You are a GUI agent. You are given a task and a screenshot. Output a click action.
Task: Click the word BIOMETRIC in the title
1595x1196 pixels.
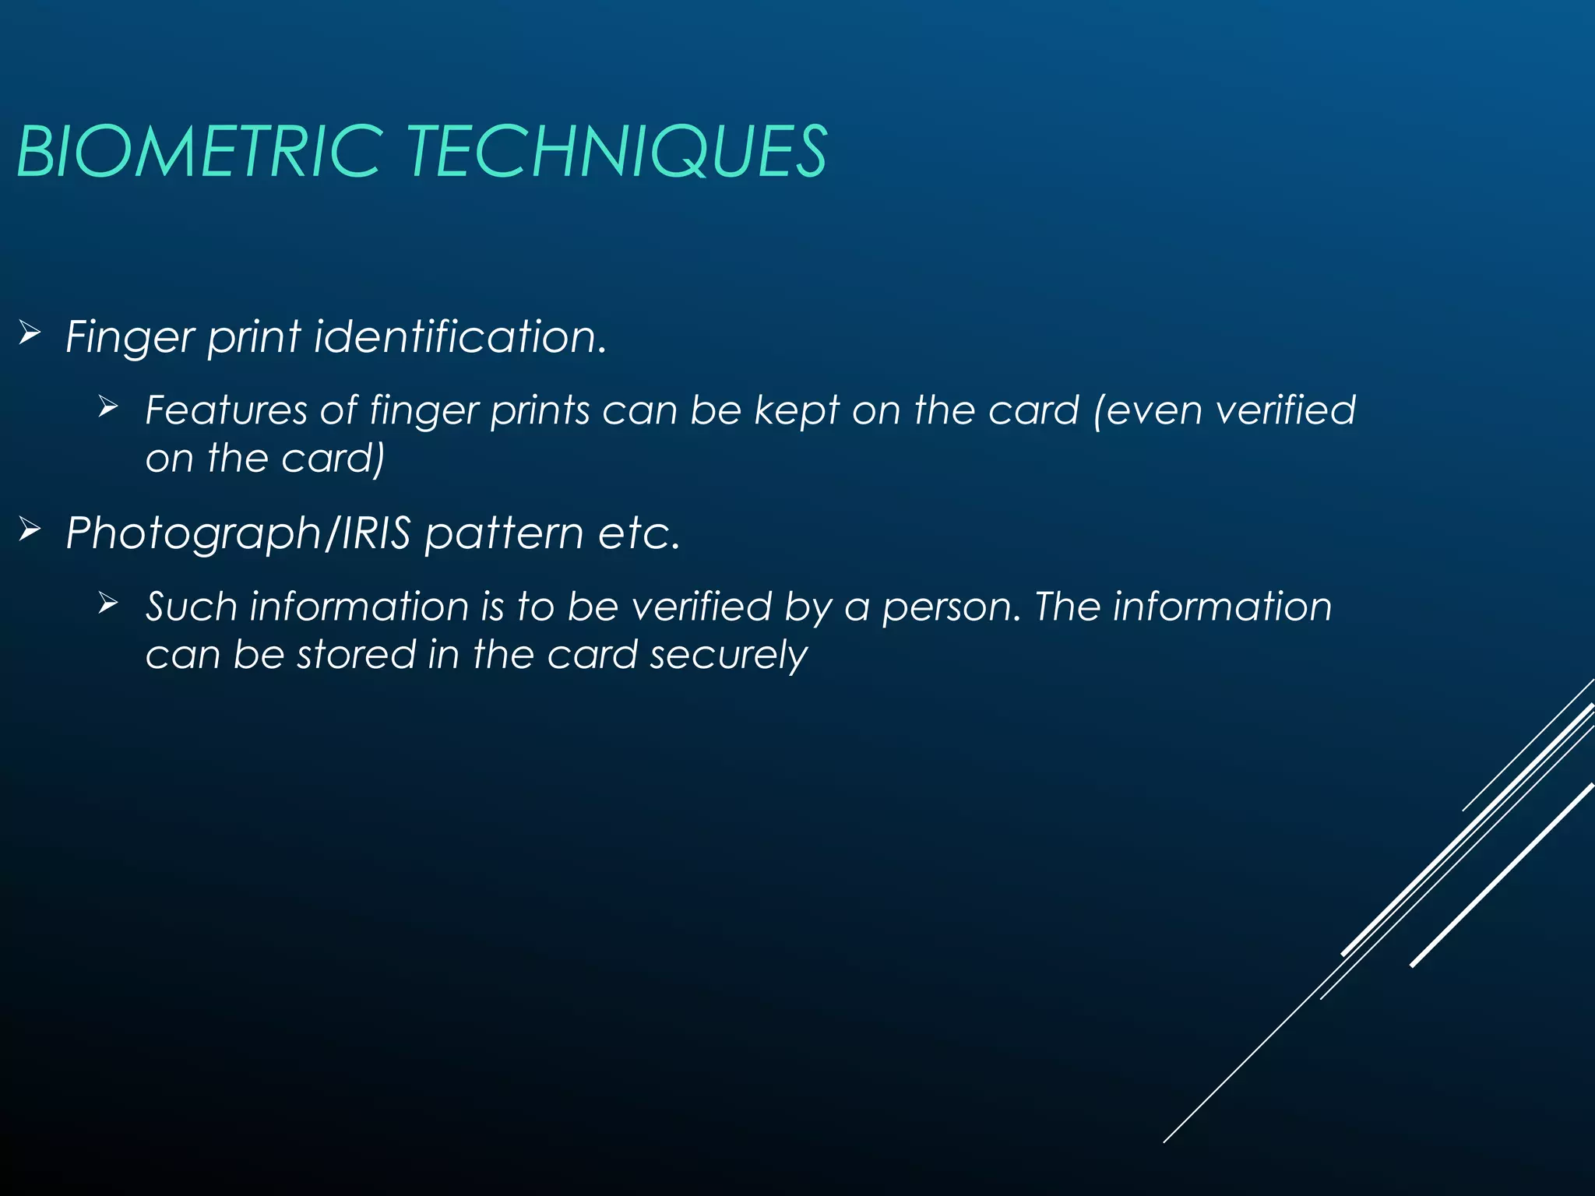point(199,151)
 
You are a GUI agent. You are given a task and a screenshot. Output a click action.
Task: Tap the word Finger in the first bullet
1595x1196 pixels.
point(129,338)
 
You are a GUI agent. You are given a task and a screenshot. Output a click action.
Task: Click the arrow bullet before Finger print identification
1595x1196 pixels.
point(30,334)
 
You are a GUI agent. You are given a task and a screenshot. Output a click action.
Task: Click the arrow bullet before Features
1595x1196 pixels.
point(108,406)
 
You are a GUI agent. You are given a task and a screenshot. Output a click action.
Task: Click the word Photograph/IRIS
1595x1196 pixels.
point(238,534)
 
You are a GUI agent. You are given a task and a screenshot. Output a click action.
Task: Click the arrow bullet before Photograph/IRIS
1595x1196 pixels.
point(30,530)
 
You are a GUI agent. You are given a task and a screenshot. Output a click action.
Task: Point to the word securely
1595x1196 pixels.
point(728,656)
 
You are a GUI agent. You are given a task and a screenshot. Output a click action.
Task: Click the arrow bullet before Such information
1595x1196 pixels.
point(108,603)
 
